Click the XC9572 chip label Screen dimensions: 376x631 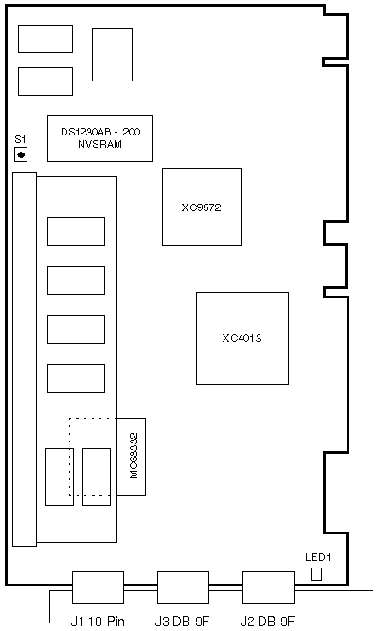click(201, 207)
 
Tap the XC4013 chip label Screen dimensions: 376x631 click(242, 338)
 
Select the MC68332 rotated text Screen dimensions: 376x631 click(134, 455)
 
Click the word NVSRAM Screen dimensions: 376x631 click(99, 144)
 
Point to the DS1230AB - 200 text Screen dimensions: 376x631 click(100, 132)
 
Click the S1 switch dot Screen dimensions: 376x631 click(21, 155)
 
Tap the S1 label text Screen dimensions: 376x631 click(20, 139)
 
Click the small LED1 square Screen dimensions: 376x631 click(316, 574)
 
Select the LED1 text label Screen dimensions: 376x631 click(317, 557)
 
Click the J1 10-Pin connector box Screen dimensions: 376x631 click(98, 587)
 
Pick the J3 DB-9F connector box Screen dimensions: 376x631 click(183, 587)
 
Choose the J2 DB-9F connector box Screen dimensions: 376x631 click(268, 587)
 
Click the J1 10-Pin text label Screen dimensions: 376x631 click(98, 621)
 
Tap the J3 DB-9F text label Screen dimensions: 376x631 click(182, 621)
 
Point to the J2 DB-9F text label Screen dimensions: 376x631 click(267, 621)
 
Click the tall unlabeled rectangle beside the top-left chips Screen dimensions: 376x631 click(112, 55)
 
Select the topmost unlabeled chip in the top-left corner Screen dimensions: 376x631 click(45, 39)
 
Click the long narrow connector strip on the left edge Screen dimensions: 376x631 click(25, 359)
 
